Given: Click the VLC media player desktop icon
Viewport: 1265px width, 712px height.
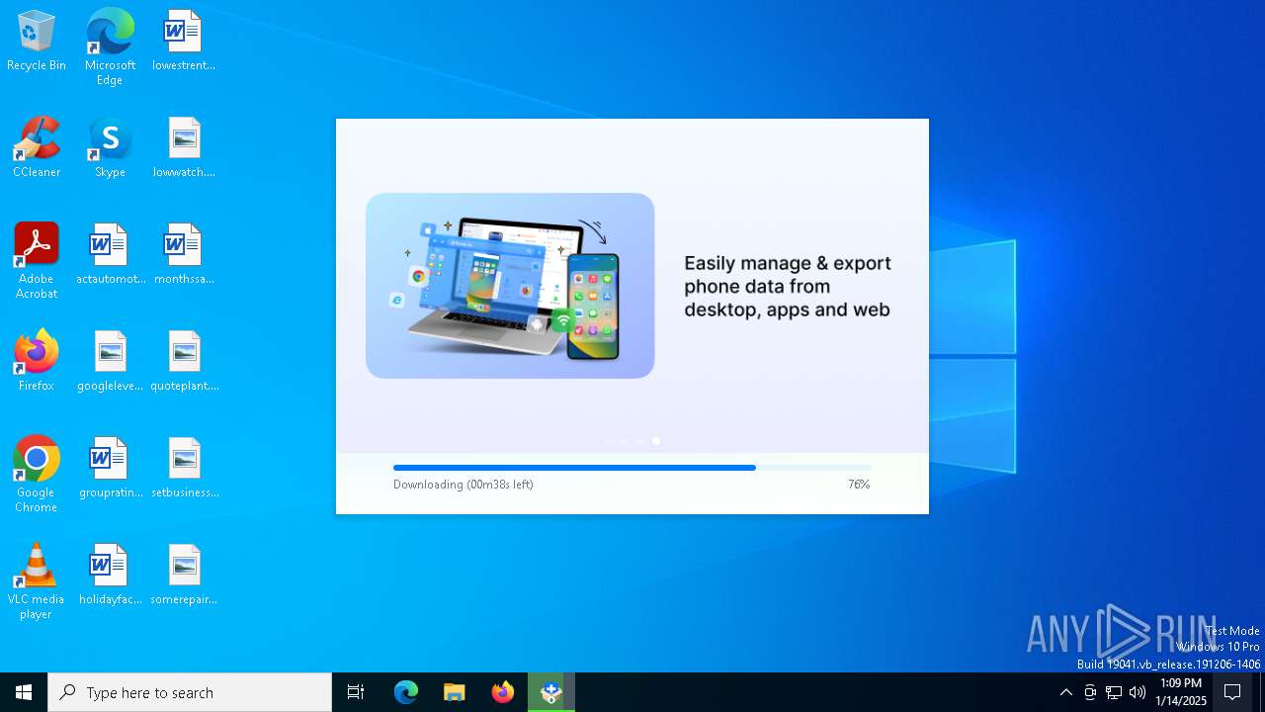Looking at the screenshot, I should click(x=37, y=568).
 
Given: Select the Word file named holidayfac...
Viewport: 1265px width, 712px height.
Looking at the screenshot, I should click(x=110, y=568).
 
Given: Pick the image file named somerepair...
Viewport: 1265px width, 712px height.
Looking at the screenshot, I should click(x=184, y=568).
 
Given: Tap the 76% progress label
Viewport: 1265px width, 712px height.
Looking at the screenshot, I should click(x=859, y=485).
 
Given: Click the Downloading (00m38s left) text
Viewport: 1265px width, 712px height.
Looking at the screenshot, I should click(x=463, y=485).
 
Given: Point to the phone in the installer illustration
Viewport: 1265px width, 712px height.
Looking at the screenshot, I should click(x=593, y=307).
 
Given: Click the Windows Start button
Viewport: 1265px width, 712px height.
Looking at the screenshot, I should click(x=24, y=692).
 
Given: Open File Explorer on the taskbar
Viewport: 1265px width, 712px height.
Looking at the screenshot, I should click(x=455, y=692).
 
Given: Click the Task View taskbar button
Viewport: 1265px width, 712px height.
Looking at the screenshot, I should click(x=356, y=692).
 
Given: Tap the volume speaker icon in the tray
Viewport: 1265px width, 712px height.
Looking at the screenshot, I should click(x=1138, y=692).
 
